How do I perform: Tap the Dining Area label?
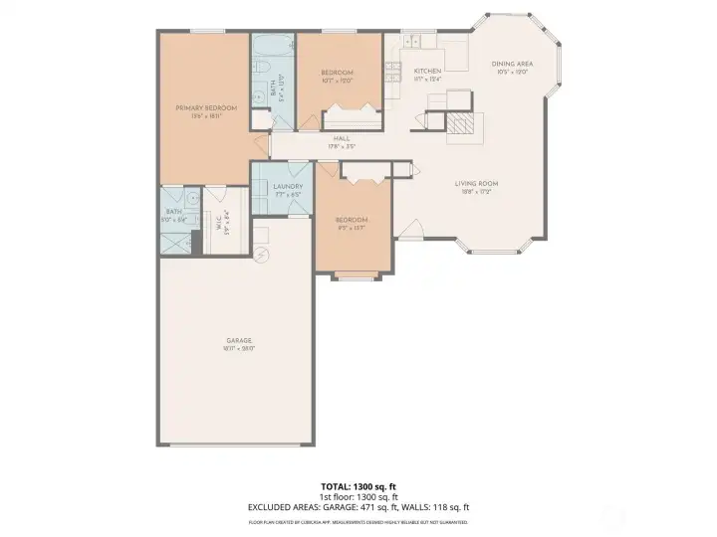[x=513, y=64]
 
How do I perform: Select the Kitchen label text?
[x=427, y=72]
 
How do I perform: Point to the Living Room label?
[x=476, y=184]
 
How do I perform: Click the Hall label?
[x=342, y=139]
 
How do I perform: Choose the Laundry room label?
[x=288, y=186]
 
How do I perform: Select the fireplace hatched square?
[x=460, y=125]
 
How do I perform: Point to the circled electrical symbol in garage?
[x=263, y=256]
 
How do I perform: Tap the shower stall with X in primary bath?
[x=177, y=241]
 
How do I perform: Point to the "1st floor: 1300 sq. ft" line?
[x=358, y=497]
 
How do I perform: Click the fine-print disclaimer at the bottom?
[x=358, y=521]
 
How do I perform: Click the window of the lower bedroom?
[x=354, y=277]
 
